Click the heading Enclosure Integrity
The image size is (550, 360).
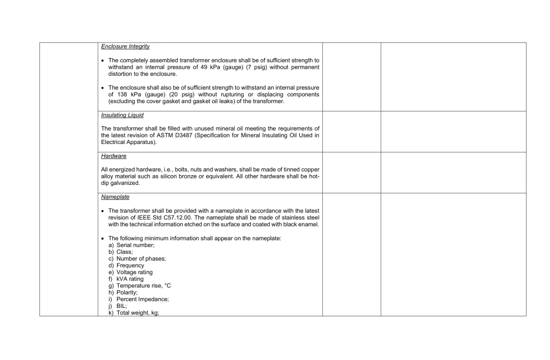coord(125,47)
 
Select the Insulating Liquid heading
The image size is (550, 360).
coord(122,115)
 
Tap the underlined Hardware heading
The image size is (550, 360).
coord(113,156)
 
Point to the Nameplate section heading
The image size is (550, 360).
coord(115,197)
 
